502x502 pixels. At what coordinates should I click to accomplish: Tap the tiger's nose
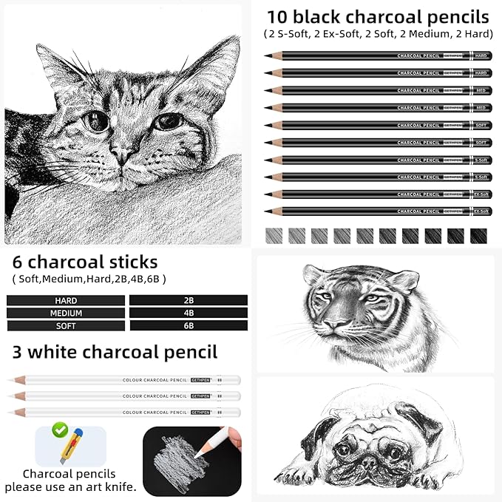coord(337,325)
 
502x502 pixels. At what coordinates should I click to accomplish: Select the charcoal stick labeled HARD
coord(66,301)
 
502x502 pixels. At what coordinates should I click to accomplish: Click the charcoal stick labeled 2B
coord(188,301)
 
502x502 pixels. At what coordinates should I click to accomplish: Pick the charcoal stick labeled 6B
coord(188,325)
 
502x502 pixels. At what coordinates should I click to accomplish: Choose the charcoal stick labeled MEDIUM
coord(66,313)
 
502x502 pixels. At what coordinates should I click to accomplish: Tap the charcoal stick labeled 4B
coord(188,313)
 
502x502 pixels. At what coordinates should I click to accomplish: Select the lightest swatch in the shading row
coord(274,236)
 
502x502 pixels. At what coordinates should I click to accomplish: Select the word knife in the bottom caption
coord(121,487)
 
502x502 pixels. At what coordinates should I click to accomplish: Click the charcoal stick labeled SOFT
coord(66,325)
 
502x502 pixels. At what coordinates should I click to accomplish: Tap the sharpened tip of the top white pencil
coord(10,380)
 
